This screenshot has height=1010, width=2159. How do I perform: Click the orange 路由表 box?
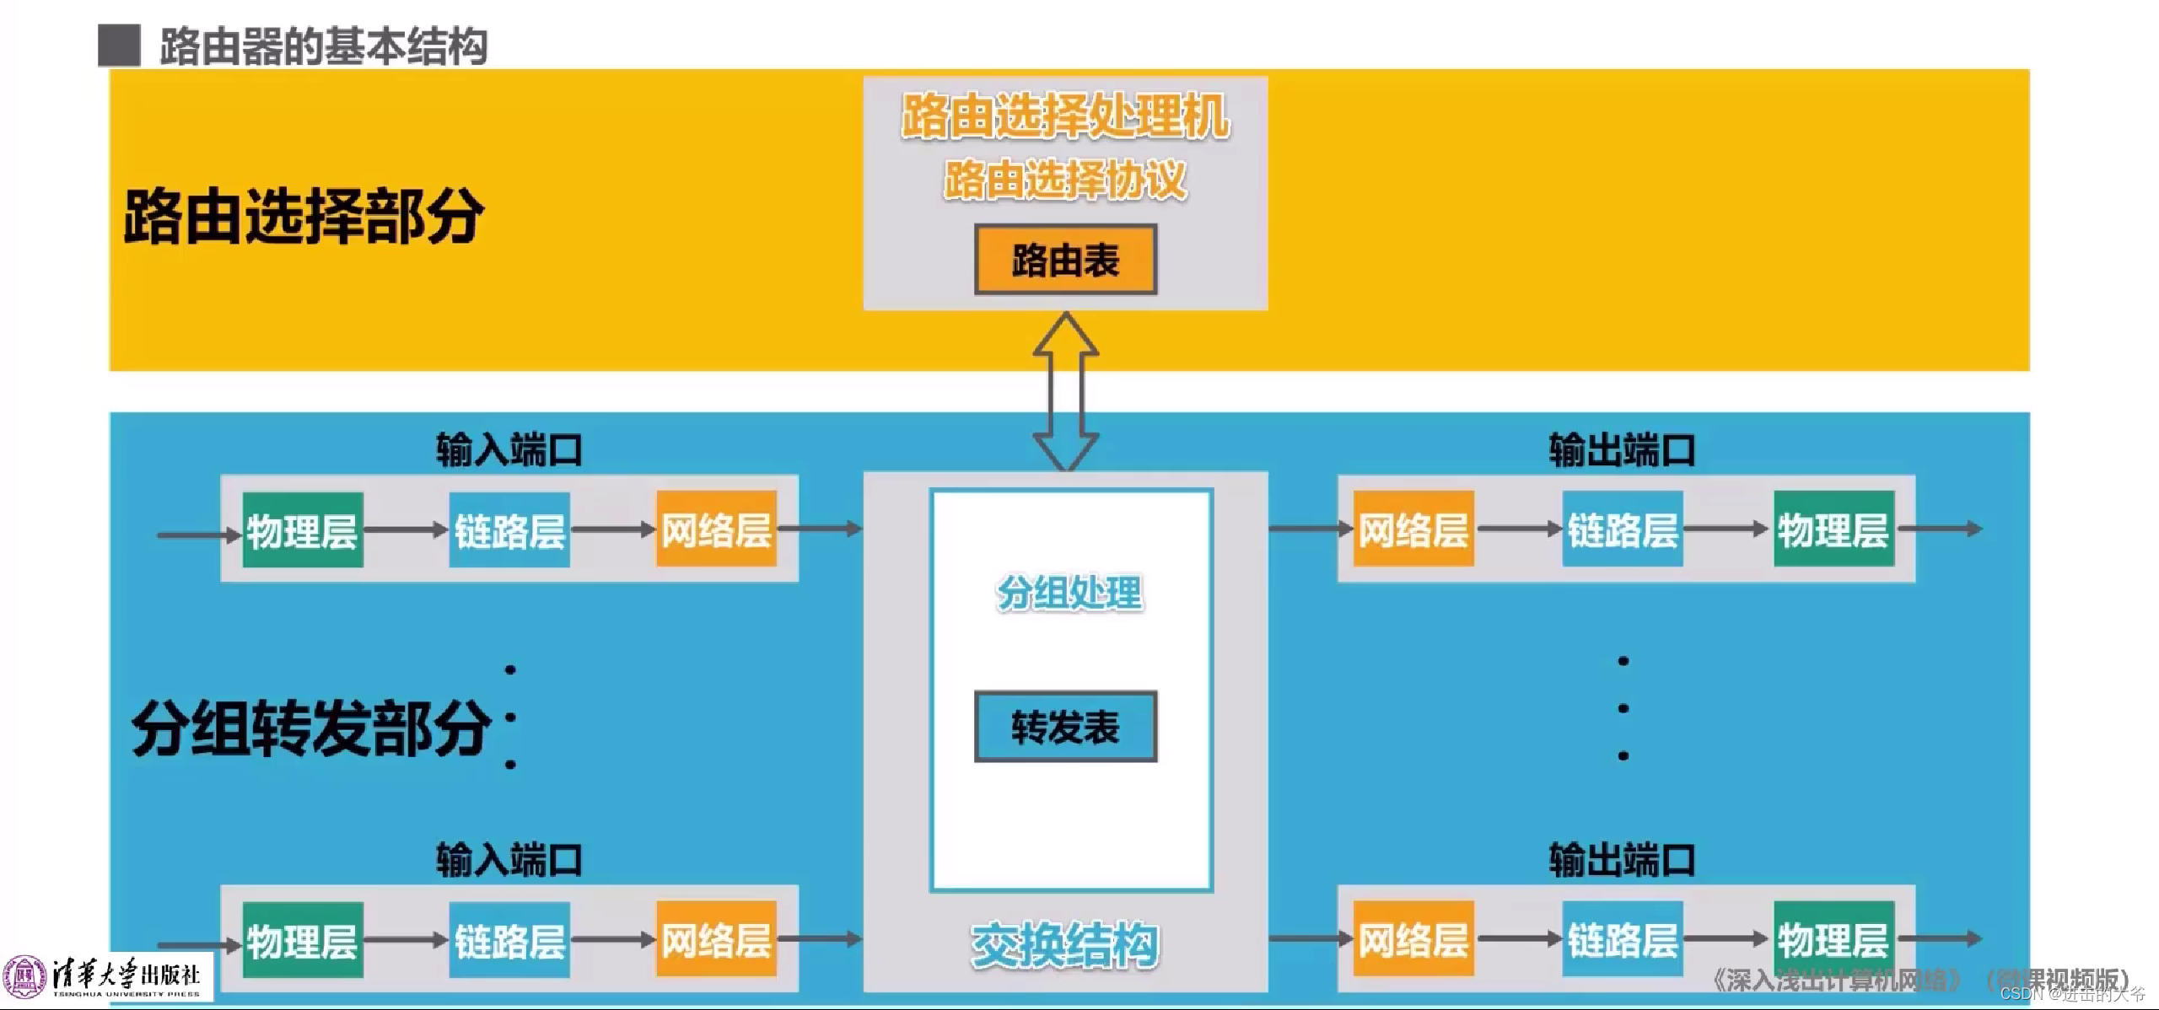(x=1065, y=260)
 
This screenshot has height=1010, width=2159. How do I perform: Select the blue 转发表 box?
(x=1065, y=727)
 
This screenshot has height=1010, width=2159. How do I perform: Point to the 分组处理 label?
(x=1069, y=593)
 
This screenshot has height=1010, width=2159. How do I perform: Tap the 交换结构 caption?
(x=1065, y=945)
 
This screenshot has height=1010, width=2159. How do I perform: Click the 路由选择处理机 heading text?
(x=1065, y=116)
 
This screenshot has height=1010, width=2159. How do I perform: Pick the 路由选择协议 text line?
(x=1065, y=180)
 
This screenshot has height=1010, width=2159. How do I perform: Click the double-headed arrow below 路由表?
(x=1065, y=390)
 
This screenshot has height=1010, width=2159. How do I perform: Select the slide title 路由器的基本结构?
(x=323, y=46)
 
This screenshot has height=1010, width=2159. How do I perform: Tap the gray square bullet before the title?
(x=119, y=46)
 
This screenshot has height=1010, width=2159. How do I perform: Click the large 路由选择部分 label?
(x=304, y=217)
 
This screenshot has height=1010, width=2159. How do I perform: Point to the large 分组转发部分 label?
(x=310, y=728)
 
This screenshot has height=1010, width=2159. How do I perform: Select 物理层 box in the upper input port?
(x=303, y=530)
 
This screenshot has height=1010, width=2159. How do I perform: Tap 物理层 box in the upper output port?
(x=1833, y=529)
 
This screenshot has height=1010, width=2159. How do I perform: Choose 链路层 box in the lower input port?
(x=509, y=940)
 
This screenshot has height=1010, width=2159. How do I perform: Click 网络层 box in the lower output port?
(x=1413, y=938)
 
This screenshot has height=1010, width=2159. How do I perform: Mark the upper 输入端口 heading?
(x=509, y=450)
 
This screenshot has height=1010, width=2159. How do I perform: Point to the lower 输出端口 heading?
(x=1622, y=860)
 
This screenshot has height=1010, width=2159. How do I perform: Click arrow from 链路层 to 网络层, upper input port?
(x=613, y=529)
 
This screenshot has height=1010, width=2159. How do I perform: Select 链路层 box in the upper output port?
(x=1623, y=529)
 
